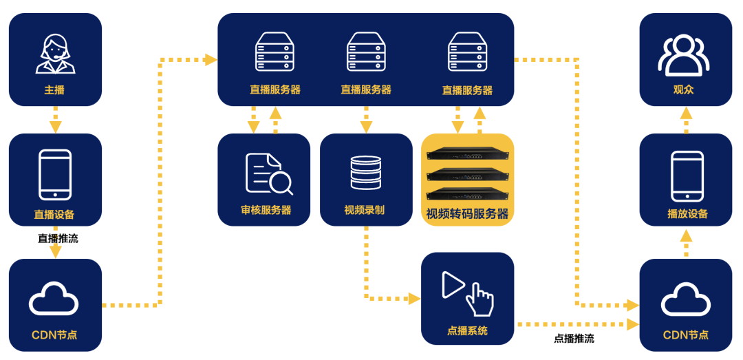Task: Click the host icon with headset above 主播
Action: [55, 54]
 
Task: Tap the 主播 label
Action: [54, 90]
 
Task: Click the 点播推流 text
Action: [574, 339]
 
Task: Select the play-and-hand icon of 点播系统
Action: [467, 292]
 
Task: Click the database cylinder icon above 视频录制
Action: [365, 172]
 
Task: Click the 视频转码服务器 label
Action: [467, 213]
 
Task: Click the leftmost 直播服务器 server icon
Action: [274, 53]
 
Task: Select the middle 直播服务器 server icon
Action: [365, 53]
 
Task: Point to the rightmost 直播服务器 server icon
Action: [467, 53]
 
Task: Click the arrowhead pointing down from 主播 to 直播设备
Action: [55, 127]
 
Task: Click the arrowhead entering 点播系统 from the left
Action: [414, 299]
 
